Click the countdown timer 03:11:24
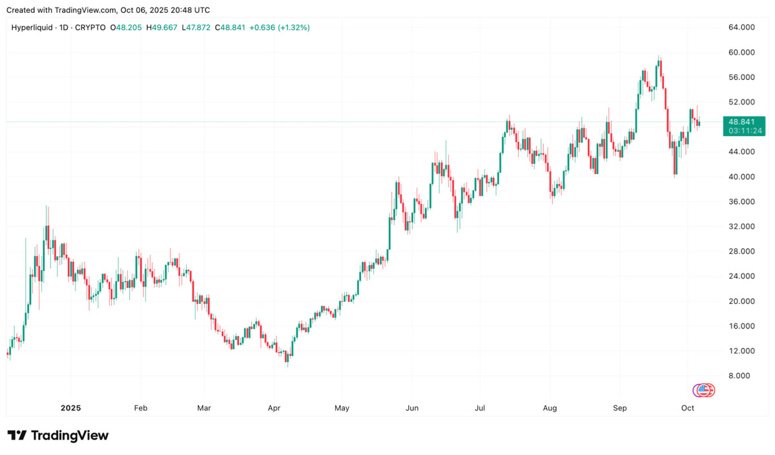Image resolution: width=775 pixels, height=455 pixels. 745,130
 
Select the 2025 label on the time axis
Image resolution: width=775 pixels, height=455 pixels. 70,409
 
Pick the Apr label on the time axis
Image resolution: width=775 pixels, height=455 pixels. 274,409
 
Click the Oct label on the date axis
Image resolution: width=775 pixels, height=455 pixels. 688,409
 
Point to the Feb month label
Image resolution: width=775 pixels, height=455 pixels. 140,409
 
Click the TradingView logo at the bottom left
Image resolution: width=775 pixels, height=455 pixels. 58,436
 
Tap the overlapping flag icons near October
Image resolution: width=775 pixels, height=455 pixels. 704,390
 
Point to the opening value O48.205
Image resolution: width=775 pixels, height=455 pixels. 126,28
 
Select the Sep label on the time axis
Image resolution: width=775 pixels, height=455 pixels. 620,409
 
